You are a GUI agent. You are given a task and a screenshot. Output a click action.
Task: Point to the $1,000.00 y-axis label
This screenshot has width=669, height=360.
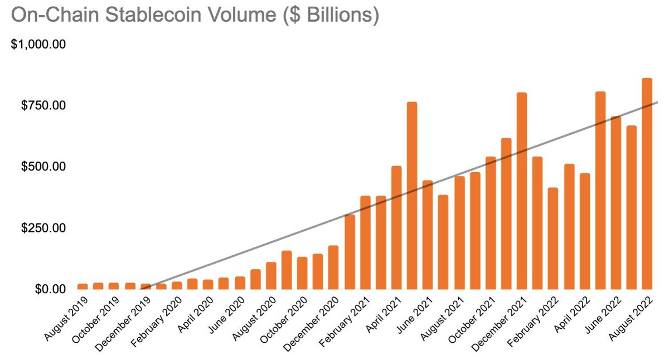coord(38,44)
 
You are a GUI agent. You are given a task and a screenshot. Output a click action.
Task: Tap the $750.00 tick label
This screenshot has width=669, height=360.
coord(43,105)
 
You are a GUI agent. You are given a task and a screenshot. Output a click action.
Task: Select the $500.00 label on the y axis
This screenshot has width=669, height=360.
coord(43,167)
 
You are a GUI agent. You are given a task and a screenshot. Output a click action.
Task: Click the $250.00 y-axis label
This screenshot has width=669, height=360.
coord(43,228)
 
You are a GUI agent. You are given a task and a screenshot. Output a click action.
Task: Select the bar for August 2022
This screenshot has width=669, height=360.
coord(647,184)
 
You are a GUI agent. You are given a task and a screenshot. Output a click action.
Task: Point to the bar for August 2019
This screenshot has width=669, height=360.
coord(83,286)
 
